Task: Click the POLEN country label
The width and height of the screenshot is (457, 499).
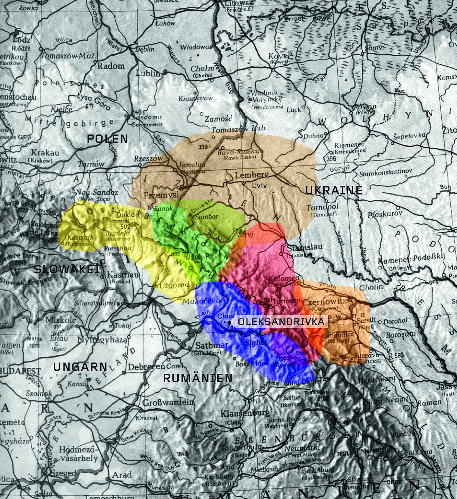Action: pyautogui.click(x=107, y=139)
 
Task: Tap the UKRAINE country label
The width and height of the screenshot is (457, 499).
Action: pyautogui.click(x=334, y=190)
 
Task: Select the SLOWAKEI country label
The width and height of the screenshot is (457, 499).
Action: pyautogui.click(x=67, y=269)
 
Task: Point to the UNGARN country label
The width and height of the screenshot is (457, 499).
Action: pyautogui.click(x=80, y=367)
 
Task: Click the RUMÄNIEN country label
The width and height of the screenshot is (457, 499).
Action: pyautogui.click(x=198, y=378)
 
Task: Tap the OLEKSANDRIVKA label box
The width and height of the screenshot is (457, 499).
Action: pyautogui.click(x=281, y=322)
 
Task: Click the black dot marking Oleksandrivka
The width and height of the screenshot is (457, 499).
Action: pyautogui.click(x=229, y=322)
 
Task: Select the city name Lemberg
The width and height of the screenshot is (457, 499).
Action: pyautogui.click(x=252, y=175)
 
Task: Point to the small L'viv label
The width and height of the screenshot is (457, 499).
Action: pyautogui.click(x=259, y=186)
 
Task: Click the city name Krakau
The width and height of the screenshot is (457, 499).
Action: pyautogui.click(x=45, y=153)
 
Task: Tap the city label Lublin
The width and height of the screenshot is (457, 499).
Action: pyautogui.click(x=147, y=73)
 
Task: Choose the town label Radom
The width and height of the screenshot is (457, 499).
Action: pyautogui.click(x=111, y=66)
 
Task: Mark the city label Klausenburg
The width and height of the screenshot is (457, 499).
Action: pyautogui.click(x=245, y=414)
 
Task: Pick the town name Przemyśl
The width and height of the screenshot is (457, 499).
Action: pyautogui.click(x=161, y=195)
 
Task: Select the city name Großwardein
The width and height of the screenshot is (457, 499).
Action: pyautogui.click(x=168, y=402)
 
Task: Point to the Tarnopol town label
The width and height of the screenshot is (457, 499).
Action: pyautogui.click(x=322, y=208)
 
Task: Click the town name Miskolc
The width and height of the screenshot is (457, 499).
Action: pyautogui.click(x=61, y=320)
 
